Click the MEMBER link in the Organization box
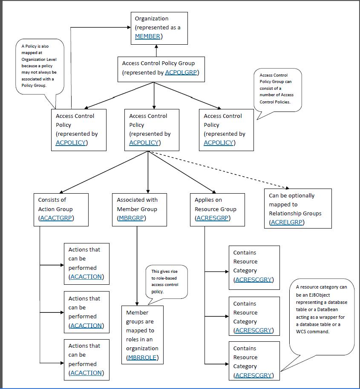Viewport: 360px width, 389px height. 147,37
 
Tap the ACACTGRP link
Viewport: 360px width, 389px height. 55,218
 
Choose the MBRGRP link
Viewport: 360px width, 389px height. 131,218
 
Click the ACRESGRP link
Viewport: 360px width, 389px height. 212,218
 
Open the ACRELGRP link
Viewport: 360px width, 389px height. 287,222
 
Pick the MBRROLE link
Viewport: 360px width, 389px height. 143,358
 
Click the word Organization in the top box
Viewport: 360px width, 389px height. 152,19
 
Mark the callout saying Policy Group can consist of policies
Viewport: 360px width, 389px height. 277,89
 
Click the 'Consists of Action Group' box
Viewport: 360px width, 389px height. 61,209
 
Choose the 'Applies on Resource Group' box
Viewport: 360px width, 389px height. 217,209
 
